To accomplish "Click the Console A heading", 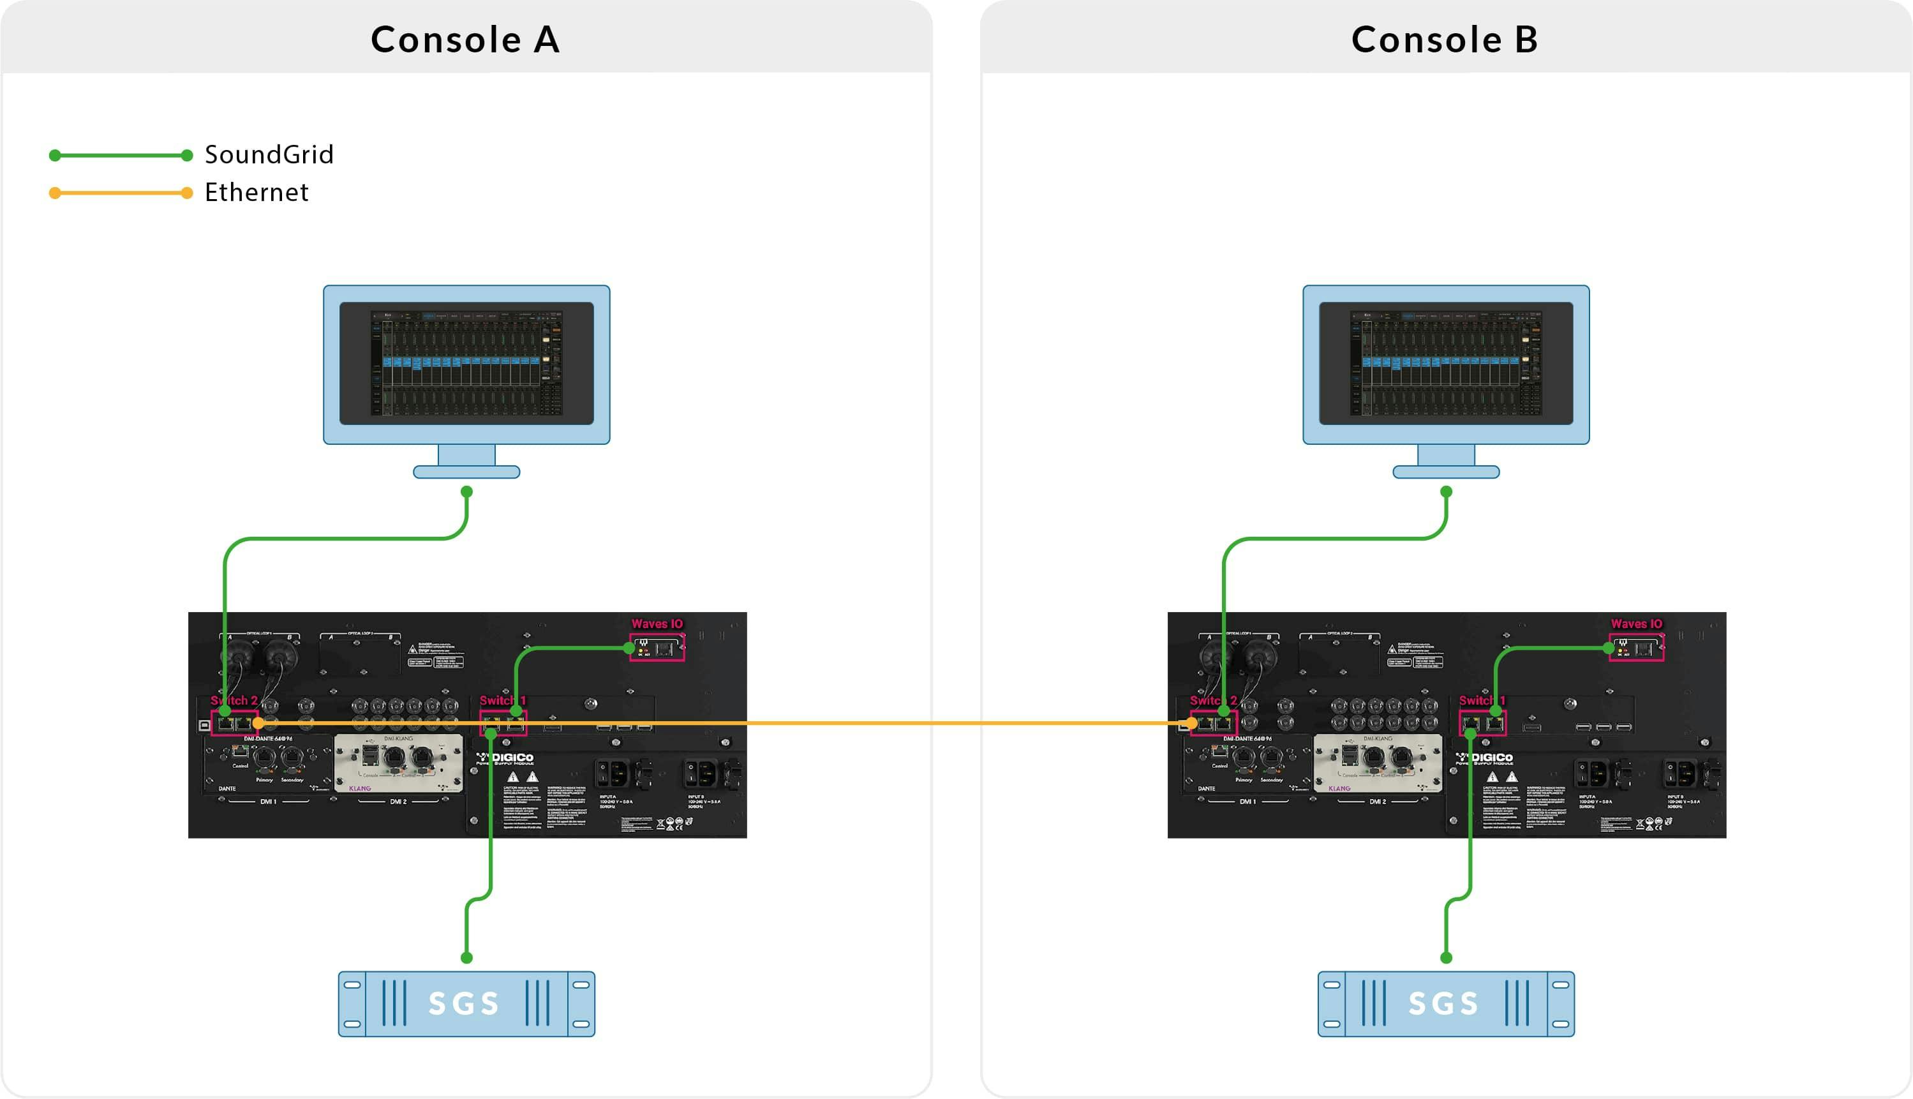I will (465, 40).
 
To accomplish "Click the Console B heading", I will (1445, 40).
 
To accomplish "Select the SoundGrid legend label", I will (269, 154).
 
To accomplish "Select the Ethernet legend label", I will (257, 193).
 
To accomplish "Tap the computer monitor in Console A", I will (466, 364).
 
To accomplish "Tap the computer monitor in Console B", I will (1446, 364).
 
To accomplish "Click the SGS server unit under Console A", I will (466, 1004).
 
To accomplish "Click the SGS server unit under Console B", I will (1446, 1004).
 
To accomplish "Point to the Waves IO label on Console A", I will (657, 624).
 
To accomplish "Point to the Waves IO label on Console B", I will (1636, 624).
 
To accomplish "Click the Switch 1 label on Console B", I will (1482, 701).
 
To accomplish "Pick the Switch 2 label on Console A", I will (234, 701).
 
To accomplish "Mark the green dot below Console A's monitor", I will (466, 491).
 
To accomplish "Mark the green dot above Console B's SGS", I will (1446, 958).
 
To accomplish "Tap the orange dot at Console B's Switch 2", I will (1191, 723).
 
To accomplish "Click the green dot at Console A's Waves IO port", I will (629, 648).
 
